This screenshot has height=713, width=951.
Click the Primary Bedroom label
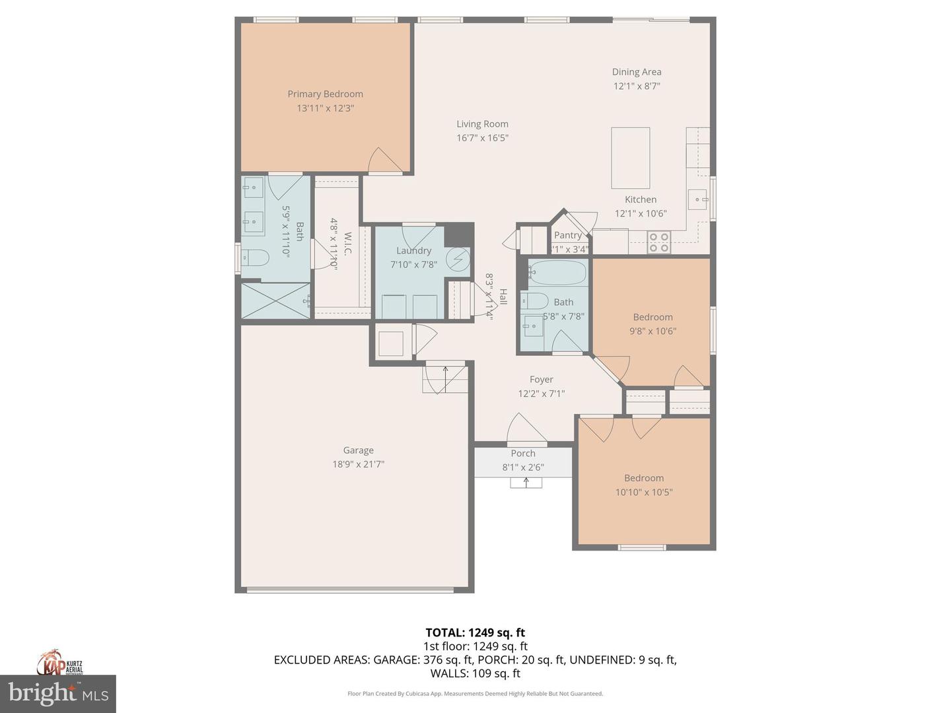[325, 94]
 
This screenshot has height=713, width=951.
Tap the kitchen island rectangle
[630, 158]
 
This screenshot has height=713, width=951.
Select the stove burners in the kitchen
[658, 242]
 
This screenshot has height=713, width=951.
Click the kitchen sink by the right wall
[699, 199]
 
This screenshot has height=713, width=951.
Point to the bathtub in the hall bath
[557, 273]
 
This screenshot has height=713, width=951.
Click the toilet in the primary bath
[256, 257]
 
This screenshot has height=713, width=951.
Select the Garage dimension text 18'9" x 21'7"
[358, 464]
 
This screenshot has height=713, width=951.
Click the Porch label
[523, 453]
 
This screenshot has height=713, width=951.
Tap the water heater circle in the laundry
[457, 259]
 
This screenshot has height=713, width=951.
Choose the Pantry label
[568, 235]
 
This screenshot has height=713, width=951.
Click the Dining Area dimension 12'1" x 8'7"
[637, 86]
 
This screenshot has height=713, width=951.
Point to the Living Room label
[482, 123]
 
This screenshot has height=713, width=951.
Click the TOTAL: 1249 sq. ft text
[475, 632]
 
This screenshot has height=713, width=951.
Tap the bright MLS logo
[58, 693]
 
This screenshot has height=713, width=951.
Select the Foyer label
[541, 379]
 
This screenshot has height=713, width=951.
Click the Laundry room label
[413, 250]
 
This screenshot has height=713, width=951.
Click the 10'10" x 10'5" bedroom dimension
[643, 492]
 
